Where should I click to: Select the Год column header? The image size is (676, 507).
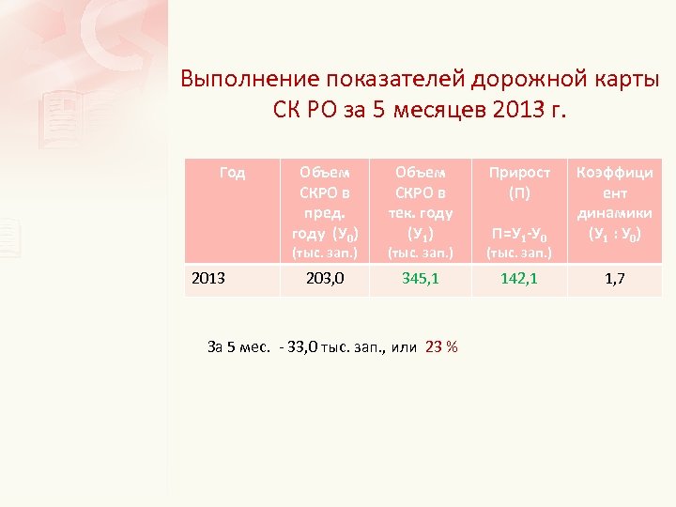(x=232, y=173)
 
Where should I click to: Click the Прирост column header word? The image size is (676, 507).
(x=518, y=173)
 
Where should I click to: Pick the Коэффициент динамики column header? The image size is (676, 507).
(x=616, y=203)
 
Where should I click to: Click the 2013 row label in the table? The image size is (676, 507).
(x=208, y=278)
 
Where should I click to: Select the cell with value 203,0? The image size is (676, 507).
(x=326, y=278)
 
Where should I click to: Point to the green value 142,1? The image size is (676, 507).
(x=518, y=278)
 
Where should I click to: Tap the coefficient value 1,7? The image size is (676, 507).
(x=616, y=279)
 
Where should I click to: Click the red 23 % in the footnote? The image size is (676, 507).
(x=441, y=346)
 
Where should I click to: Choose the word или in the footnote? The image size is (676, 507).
(x=404, y=346)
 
